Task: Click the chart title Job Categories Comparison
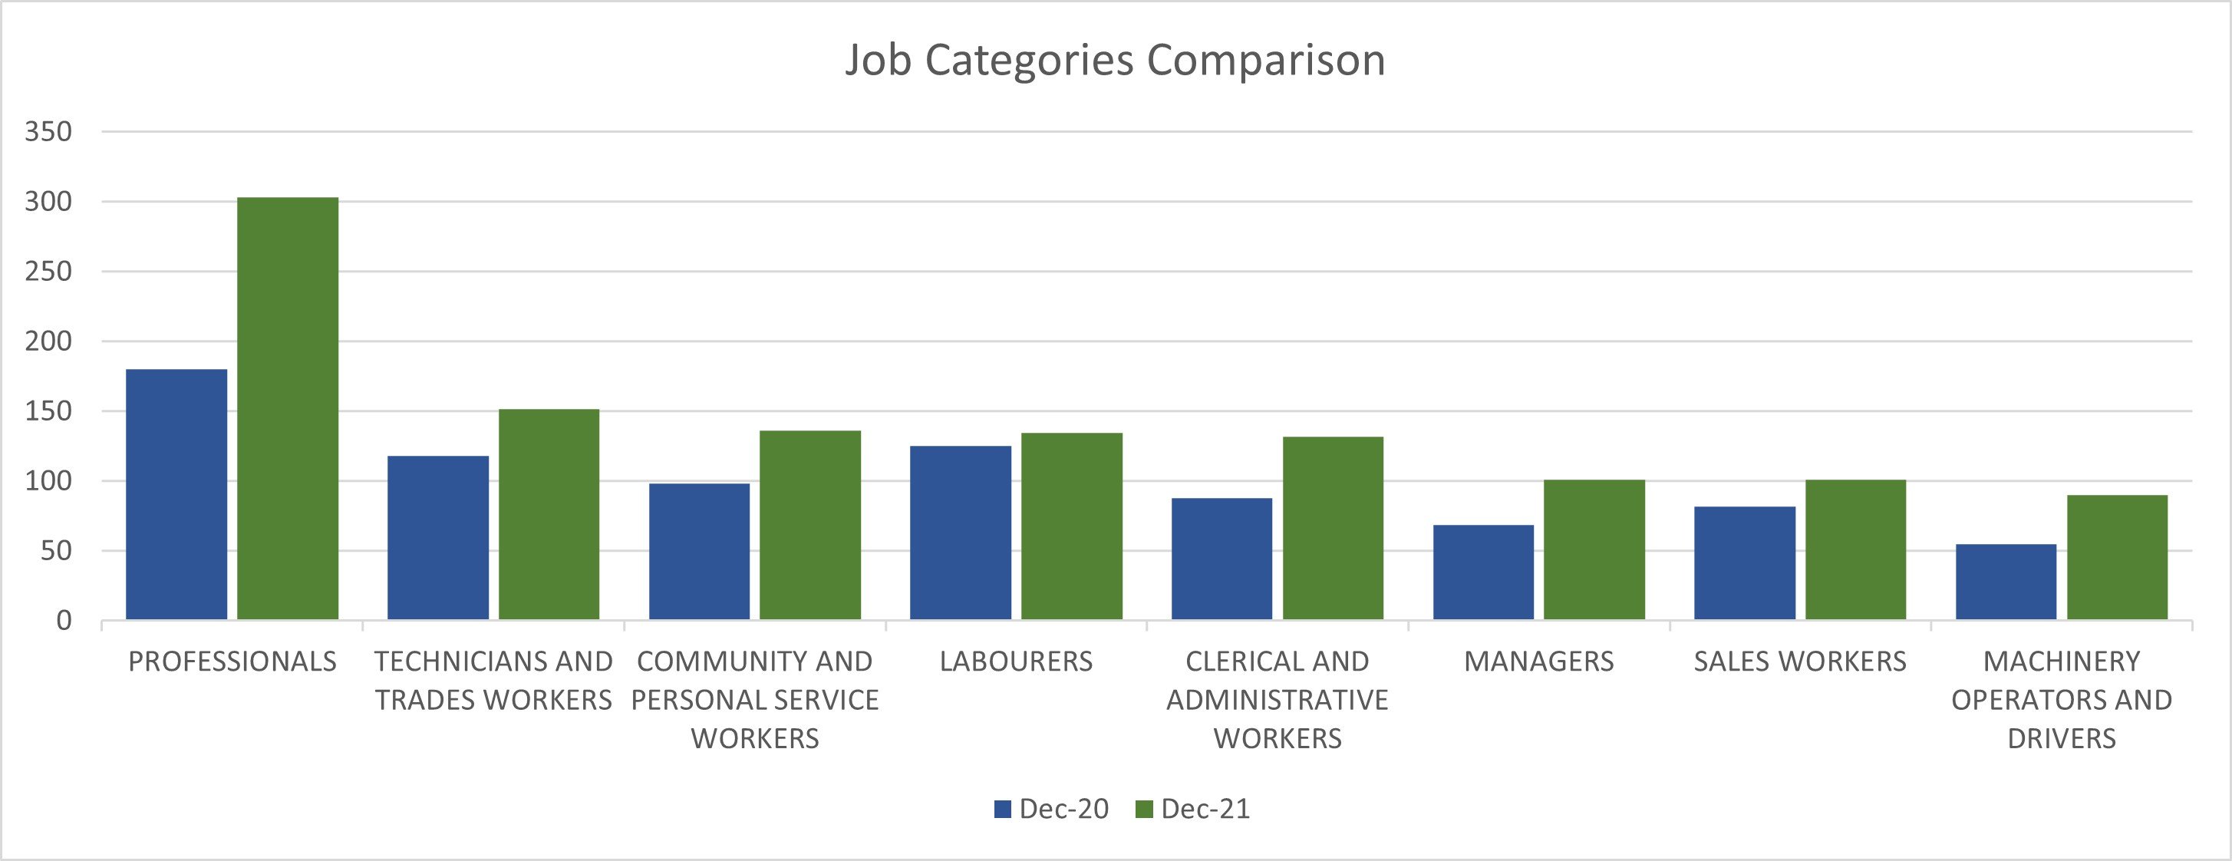click(1115, 61)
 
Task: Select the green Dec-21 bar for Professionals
click(288, 408)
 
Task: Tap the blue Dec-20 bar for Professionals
click(176, 495)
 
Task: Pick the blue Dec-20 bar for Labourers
click(960, 533)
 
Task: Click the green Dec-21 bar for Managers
click(1594, 549)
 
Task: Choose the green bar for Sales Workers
click(1856, 549)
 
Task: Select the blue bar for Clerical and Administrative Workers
click(1222, 559)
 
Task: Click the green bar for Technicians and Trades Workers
click(549, 514)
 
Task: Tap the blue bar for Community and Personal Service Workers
click(699, 551)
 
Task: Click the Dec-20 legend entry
click(1051, 809)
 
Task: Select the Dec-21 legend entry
click(1193, 809)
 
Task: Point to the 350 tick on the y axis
click(48, 132)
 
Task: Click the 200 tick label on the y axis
click(48, 341)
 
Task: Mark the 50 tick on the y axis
click(56, 551)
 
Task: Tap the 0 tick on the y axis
click(64, 621)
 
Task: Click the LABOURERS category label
click(1017, 661)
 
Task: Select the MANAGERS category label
click(1539, 661)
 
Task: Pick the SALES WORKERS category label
click(1801, 661)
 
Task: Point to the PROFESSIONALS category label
click(232, 661)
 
